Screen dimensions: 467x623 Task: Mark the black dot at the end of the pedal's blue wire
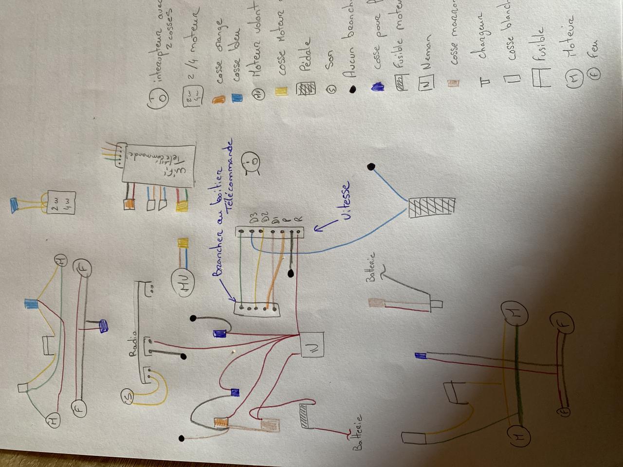point(371,167)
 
